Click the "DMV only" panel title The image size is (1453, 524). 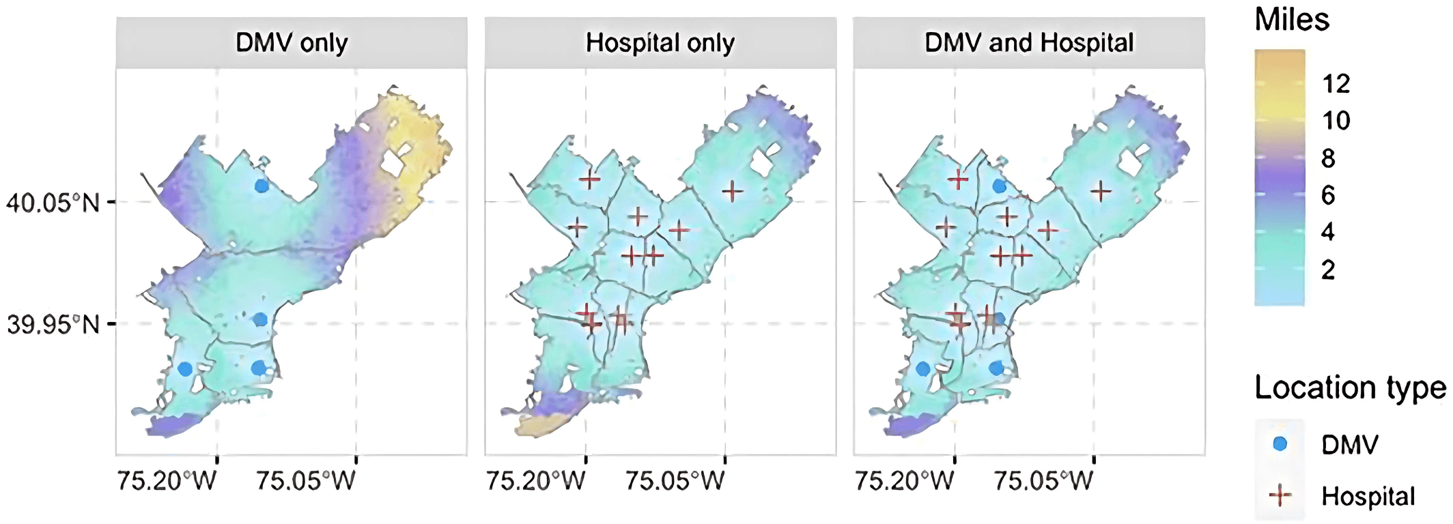292,43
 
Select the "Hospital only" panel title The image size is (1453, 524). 660,43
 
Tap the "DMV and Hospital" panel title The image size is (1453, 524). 1029,43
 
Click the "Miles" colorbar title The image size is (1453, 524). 1292,20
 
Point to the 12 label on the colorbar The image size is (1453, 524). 1336,84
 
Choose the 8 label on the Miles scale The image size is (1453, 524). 1328,158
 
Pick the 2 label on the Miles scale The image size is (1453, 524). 1328,270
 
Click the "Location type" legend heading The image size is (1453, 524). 1350,388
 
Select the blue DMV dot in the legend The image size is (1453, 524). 1280,444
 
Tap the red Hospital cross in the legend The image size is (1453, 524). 1280,496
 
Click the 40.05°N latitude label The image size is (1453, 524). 53,203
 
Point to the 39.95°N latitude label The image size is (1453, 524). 53,325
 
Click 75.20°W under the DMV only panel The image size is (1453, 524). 167,481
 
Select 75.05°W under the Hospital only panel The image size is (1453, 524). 675,481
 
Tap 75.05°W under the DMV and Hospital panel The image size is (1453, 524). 1043,481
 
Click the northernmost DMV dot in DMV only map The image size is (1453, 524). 262,186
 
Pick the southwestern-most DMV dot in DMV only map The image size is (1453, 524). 185,369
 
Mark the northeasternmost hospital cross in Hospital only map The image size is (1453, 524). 732,191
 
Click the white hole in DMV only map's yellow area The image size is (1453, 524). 395,161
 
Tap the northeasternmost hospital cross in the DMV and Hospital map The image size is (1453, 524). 1100,192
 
